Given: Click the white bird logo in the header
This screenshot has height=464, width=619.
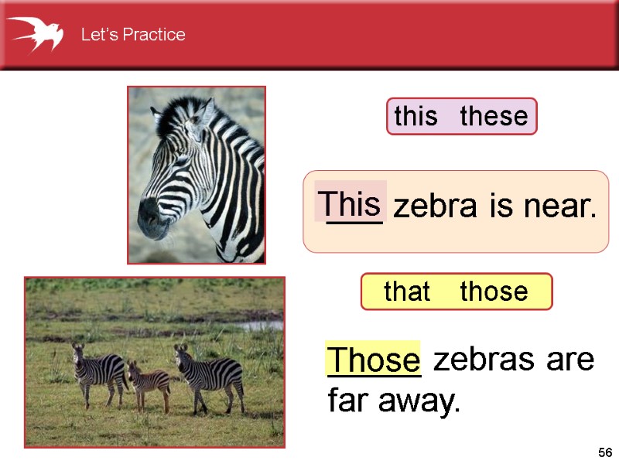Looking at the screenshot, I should coord(34,33).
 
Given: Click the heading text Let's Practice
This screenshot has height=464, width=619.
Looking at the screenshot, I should coord(133,35).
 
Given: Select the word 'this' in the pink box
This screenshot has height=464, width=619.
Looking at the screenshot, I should coord(416,117).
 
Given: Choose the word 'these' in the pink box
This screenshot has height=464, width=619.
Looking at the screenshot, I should coord(494,117).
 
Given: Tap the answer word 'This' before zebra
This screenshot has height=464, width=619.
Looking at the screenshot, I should coord(351,205).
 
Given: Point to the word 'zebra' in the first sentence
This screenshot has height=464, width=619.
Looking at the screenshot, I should coord(436,207).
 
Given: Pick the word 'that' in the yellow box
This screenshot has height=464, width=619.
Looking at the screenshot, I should coord(407,292).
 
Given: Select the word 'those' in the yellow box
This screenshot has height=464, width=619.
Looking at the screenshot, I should coord(494,292).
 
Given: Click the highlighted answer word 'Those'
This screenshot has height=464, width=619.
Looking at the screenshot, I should coord(374,360).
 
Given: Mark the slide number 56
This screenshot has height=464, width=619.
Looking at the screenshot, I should coord(604,452).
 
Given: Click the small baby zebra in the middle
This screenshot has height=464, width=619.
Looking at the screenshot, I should coord(149,381).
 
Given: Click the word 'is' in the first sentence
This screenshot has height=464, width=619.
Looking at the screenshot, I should coord(498,206).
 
